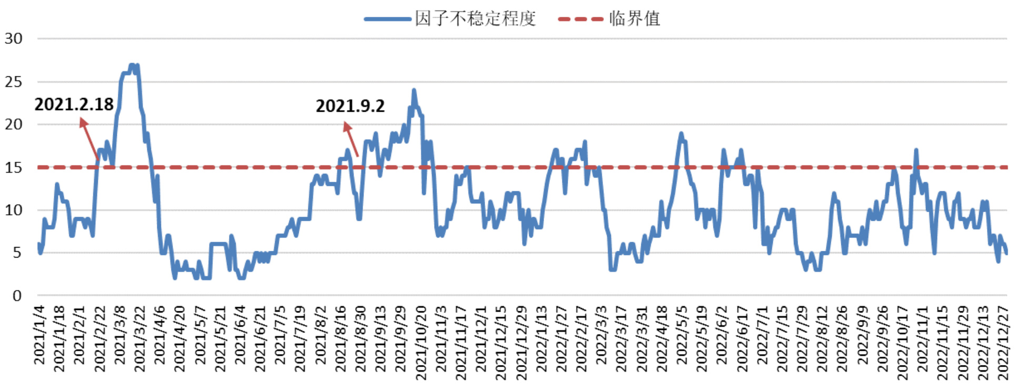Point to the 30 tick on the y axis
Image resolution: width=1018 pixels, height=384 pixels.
click(x=14, y=38)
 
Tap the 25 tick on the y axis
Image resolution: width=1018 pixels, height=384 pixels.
click(x=14, y=82)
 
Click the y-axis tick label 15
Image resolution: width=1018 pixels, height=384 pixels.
click(x=14, y=168)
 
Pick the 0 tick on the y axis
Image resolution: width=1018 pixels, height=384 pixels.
click(x=17, y=296)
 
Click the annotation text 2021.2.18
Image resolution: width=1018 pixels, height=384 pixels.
click(x=74, y=104)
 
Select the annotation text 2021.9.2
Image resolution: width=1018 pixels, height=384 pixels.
click(x=350, y=106)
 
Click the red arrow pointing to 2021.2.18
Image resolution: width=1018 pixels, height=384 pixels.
click(x=89, y=138)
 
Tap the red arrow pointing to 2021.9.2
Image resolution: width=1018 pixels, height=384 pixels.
click(x=351, y=139)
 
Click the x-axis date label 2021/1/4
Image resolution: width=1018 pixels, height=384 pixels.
click(x=40, y=335)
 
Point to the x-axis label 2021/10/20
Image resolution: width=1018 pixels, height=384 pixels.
click(x=421, y=342)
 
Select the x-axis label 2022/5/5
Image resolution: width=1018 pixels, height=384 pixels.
click(x=682, y=335)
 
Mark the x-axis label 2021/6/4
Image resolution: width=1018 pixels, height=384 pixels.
click(x=240, y=335)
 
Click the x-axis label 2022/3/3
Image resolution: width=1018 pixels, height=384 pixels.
click(x=602, y=335)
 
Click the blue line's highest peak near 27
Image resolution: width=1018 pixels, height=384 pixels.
click(x=132, y=65)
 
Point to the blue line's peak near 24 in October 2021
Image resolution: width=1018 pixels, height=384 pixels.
click(x=414, y=91)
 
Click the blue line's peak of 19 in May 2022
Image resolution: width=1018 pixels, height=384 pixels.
click(x=681, y=134)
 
